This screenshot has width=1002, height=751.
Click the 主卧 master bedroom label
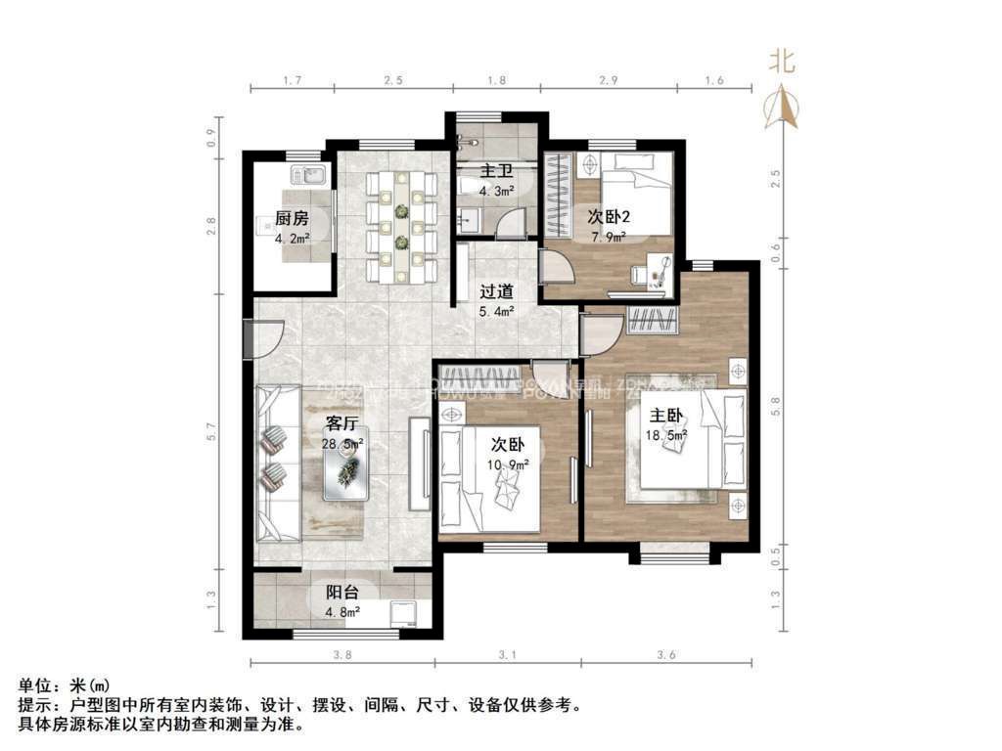tap(664, 414)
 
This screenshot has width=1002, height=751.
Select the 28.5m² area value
tap(342, 443)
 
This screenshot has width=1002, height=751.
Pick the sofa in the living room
tap(278, 462)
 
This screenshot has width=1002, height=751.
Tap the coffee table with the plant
tap(346, 474)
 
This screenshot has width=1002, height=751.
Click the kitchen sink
tap(312, 176)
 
